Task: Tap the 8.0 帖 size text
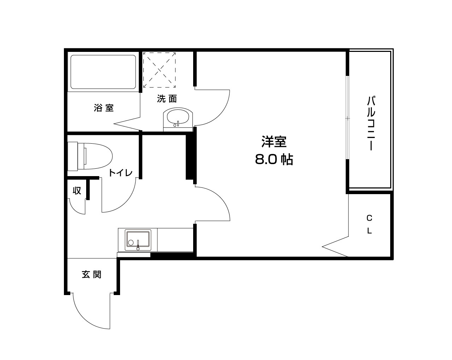274,160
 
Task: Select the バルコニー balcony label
370,122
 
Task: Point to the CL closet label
369,224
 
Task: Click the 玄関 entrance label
92,274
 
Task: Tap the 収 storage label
77,191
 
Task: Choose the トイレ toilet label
120,173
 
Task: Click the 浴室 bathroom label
104,108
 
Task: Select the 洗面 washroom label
167,99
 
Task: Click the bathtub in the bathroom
103,72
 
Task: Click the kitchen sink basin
138,240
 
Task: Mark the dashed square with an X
159,70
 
